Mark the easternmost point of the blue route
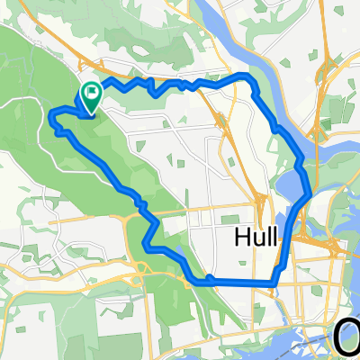311,193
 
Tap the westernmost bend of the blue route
51,114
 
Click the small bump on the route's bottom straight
209,278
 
